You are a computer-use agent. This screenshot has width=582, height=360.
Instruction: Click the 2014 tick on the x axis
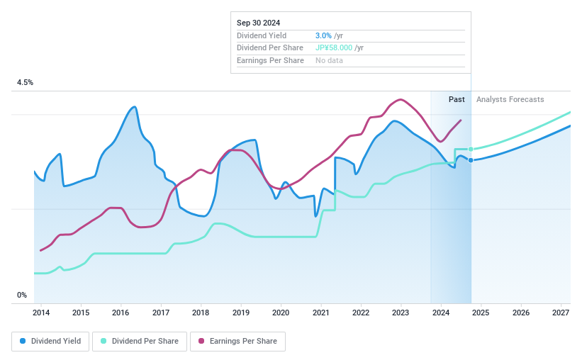[40, 313]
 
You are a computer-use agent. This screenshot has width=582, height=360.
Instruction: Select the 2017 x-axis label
[161, 313]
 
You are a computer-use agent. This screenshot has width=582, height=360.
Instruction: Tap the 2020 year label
[281, 313]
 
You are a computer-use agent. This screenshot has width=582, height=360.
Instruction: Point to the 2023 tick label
[401, 313]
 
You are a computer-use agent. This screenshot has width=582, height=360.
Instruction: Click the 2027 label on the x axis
[561, 313]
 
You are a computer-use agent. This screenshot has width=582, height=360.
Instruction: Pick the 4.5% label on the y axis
[25, 83]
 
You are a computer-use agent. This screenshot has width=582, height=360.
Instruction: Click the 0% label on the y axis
[22, 296]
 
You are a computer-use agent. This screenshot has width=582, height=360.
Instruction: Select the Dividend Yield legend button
[50, 341]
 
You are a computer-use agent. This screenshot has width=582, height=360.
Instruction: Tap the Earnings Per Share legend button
[237, 341]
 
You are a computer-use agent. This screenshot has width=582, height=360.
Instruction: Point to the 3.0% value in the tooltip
[323, 35]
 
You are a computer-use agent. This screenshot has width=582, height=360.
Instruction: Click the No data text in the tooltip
[329, 60]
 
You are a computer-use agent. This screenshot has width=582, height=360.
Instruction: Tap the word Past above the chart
[457, 99]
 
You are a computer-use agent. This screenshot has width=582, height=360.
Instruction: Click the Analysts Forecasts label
[510, 99]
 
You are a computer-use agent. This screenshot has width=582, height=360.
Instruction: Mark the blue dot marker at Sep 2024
[471, 160]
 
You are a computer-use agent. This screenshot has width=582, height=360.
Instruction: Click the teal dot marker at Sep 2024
[471, 149]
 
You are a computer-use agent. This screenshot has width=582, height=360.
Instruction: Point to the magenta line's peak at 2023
[401, 99]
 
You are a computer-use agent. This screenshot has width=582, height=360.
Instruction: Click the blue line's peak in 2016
[134, 107]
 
